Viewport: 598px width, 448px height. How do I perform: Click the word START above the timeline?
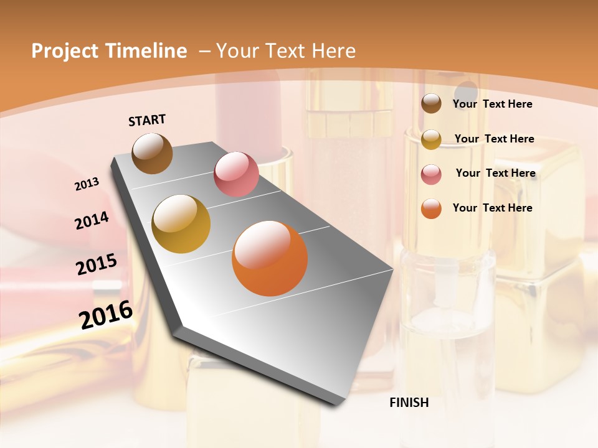(x=147, y=120)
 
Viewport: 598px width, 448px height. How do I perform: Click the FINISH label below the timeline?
(x=409, y=403)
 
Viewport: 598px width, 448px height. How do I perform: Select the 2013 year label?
(x=87, y=184)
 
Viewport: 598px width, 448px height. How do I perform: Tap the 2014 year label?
(x=92, y=220)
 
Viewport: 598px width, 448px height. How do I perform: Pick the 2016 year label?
(x=106, y=315)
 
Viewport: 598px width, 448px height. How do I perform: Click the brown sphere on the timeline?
(x=152, y=153)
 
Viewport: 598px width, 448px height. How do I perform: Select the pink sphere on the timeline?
(x=236, y=174)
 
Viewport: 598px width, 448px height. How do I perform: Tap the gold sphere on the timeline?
(x=181, y=224)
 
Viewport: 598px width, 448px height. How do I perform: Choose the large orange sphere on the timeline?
(x=270, y=258)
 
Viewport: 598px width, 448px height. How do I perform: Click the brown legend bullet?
(x=431, y=104)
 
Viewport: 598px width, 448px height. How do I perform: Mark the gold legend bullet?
(x=431, y=139)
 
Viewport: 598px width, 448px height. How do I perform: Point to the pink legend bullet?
(x=431, y=174)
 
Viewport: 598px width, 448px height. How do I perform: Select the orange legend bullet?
(x=431, y=208)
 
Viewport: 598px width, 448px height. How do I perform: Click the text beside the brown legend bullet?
(x=492, y=105)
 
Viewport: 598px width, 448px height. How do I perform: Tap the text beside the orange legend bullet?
(x=492, y=208)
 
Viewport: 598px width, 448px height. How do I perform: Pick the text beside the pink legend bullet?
(x=495, y=173)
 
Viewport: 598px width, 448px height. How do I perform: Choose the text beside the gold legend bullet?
(x=494, y=139)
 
